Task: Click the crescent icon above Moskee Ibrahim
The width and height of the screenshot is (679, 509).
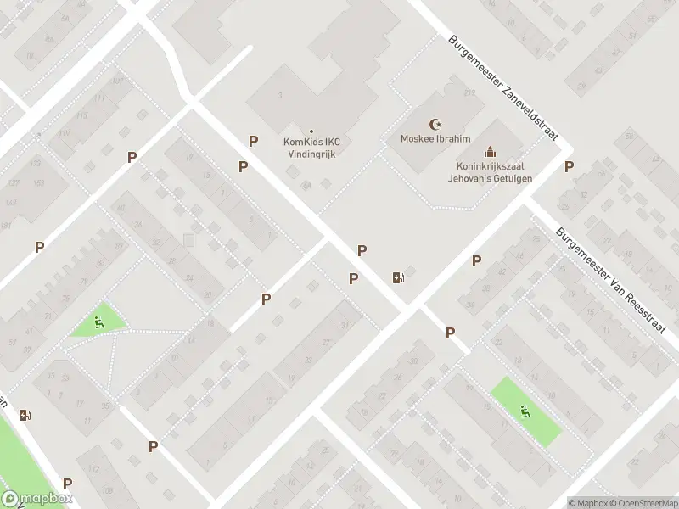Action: [437, 123]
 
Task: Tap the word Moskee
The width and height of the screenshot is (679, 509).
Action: [416, 138]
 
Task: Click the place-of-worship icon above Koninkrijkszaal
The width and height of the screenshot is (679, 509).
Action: [488, 152]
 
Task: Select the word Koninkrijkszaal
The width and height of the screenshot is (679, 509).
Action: [487, 167]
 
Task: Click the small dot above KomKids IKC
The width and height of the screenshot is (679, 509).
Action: [311, 131]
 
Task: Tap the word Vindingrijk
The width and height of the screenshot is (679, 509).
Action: [311, 154]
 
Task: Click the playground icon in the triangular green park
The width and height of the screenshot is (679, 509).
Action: [98, 322]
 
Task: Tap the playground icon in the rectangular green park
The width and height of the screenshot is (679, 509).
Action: [525, 412]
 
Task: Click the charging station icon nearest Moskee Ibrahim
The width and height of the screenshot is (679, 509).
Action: [397, 277]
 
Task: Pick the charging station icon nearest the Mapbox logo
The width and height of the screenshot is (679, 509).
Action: [25, 415]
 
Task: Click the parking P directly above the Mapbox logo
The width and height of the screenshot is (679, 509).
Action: [67, 484]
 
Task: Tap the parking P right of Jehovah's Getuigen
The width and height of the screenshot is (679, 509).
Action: [569, 167]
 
